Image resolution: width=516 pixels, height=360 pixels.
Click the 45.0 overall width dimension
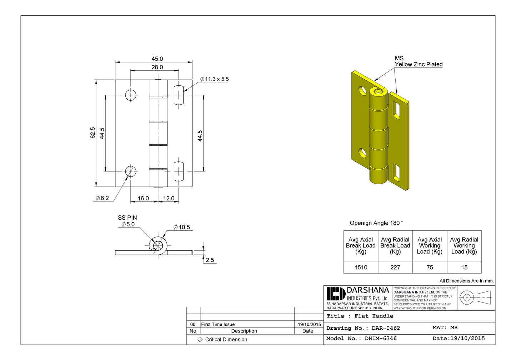point(157,59)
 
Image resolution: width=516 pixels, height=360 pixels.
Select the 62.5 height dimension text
point(93,132)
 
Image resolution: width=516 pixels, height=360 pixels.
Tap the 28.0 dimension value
point(157,67)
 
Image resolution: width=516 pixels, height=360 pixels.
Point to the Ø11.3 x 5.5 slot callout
point(214,79)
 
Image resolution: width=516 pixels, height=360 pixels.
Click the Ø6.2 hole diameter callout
point(102,198)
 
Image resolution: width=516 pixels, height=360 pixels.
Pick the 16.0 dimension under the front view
point(143,198)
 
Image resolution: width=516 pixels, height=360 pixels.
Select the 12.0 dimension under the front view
point(169,198)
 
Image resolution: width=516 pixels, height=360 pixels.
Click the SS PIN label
point(127,217)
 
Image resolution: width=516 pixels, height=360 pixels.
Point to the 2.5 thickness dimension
point(210,260)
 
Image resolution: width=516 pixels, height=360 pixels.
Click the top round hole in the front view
point(131,95)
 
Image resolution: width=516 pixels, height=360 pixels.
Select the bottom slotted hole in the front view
point(179,171)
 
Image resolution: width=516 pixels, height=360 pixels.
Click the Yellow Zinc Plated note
point(419,64)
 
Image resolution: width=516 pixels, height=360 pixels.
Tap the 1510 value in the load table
point(361,267)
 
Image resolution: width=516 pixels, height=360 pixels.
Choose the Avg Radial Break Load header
point(395,245)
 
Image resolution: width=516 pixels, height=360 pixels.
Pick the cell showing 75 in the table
point(430,267)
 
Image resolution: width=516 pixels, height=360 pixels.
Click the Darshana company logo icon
point(336,294)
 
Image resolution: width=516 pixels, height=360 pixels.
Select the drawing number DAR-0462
point(386,328)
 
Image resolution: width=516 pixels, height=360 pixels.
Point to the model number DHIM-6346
point(381,338)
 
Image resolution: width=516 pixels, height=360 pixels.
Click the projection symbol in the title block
point(475,297)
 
